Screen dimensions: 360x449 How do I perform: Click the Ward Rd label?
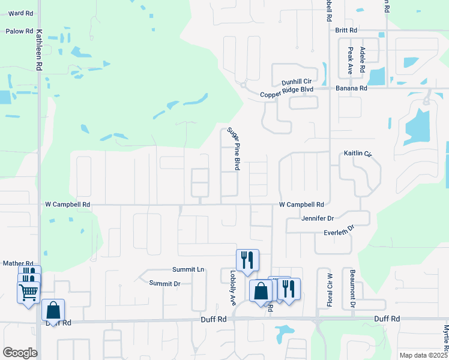(20, 13)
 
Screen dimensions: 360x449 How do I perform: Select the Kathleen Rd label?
(39, 51)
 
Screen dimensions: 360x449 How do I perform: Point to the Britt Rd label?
(346, 30)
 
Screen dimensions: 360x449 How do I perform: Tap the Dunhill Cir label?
(297, 81)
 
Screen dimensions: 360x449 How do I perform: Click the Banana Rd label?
(351, 88)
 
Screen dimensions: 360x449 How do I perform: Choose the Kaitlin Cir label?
(358, 154)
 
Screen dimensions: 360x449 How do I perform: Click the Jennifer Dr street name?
(318, 218)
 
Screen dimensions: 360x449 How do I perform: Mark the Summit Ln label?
(188, 269)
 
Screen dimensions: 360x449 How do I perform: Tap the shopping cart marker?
(28, 293)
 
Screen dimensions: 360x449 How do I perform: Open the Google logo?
(20, 353)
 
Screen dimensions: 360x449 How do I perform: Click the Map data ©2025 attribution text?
(423, 355)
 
